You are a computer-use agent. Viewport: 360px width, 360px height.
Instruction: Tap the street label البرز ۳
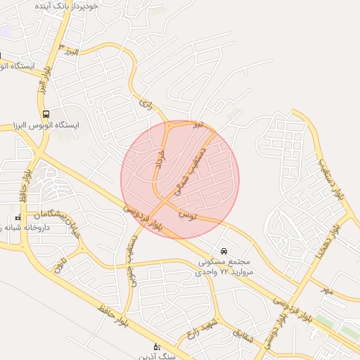(x=70, y=51)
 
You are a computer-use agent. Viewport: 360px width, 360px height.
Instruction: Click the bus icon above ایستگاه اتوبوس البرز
(x=46, y=114)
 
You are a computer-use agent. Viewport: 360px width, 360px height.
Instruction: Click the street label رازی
(x=146, y=105)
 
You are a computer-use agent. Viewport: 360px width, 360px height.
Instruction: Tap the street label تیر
(x=200, y=124)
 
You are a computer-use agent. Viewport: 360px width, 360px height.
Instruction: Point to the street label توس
(x=188, y=213)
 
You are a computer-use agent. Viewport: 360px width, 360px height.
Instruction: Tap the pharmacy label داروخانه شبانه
(x=28, y=229)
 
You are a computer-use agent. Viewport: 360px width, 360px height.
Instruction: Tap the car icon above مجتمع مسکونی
(x=224, y=251)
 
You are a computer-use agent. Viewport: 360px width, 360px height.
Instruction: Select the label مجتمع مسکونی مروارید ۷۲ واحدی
(x=224, y=266)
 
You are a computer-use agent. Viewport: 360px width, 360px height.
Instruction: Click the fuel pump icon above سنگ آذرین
(x=157, y=346)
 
